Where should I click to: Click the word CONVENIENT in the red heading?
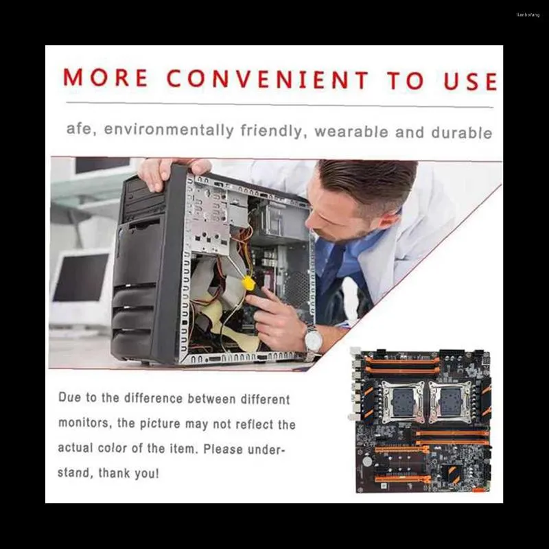pyautogui.click(x=268, y=79)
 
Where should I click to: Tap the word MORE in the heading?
pyautogui.click(x=106, y=78)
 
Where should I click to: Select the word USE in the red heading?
pyautogui.click(x=471, y=81)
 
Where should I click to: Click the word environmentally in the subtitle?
pyautogui.click(x=169, y=130)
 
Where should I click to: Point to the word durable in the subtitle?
pyautogui.click(x=462, y=132)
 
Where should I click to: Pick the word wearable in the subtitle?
pyautogui.click(x=351, y=132)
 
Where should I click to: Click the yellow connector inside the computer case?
pyautogui.click(x=248, y=283)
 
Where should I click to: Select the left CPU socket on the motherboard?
pyautogui.click(x=403, y=402)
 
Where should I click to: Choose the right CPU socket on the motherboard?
pyautogui.click(x=450, y=402)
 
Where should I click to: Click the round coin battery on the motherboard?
pyautogui.click(x=367, y=461)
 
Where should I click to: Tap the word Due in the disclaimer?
pyautogui.click(x=69, y=397)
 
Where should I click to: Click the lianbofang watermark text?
pyautogui.click(x=528, y=15)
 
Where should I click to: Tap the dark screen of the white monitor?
pyautogui.click(x=80, y=277)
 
